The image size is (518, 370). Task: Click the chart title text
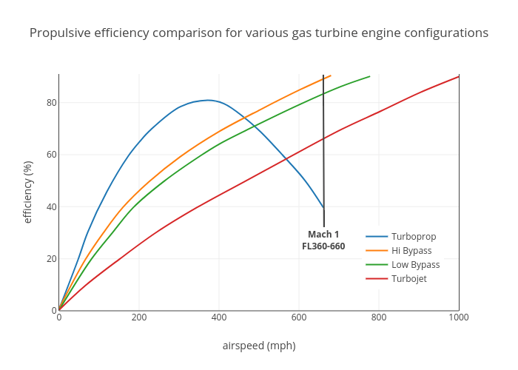point(259,33)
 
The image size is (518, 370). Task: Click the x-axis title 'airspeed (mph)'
point(259,346)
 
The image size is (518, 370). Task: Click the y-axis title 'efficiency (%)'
point(28,192)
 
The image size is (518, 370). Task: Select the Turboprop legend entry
point(413,237)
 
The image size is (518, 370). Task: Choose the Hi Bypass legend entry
point(411,251)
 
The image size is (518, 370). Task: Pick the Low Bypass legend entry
point(415,265)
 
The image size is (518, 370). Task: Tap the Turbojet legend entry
point(408,279)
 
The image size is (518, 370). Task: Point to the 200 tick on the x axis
point(139,317)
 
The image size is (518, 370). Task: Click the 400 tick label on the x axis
point(219,317)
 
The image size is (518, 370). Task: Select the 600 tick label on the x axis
point(299,317)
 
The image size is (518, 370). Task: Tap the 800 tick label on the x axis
point(379,317)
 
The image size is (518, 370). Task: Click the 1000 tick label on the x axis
point(459,317)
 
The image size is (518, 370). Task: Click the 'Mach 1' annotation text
point(323,235)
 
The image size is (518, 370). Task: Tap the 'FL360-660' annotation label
point(323,246)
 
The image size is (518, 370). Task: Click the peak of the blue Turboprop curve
point(209,100)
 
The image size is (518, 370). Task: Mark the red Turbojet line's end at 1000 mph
point(459,76)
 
